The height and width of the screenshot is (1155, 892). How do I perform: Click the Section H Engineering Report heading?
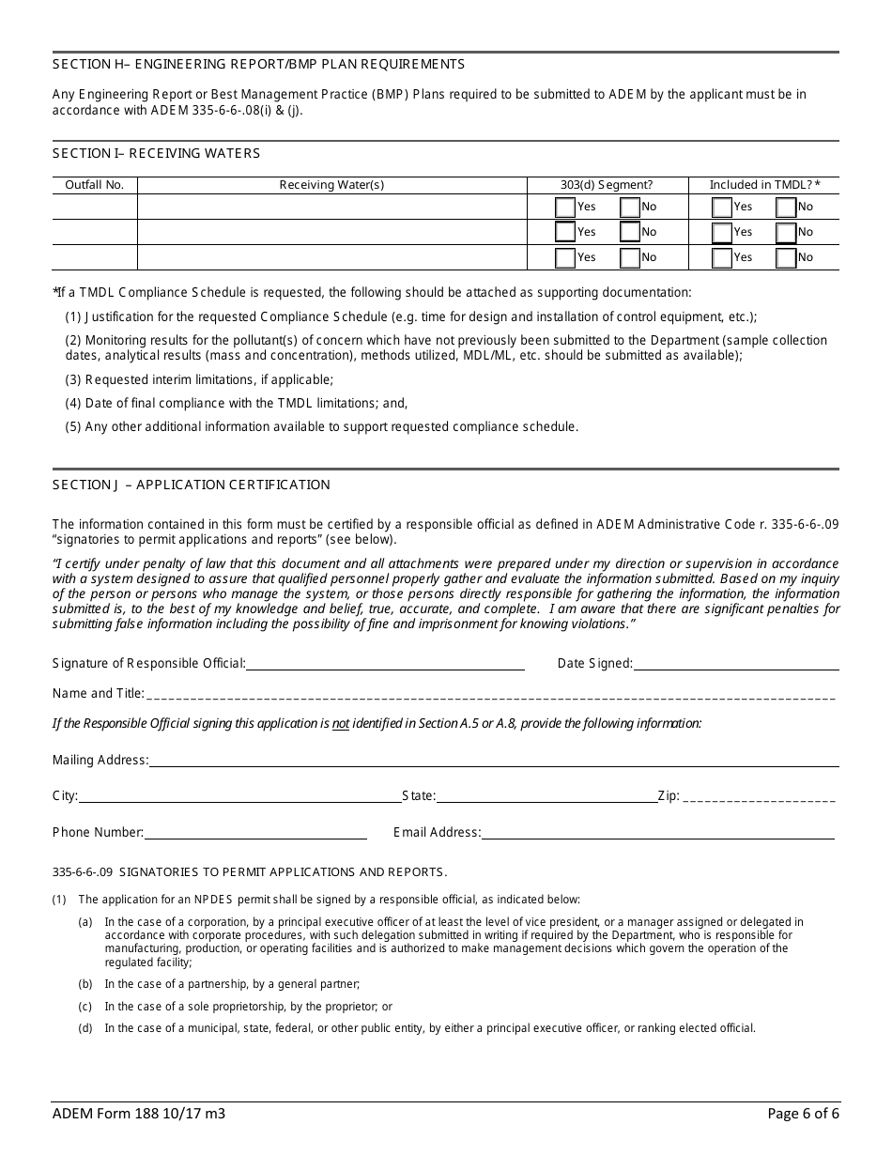pos(258,65)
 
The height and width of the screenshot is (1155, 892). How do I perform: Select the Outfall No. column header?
pos(94,185)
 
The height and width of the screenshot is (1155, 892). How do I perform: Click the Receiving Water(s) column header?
pos(331,185)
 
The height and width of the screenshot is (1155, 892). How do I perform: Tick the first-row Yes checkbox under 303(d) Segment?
pos(565,207)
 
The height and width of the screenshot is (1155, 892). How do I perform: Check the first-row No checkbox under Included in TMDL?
pos(786,207)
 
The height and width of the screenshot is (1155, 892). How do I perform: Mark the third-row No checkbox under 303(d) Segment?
pos(629,257)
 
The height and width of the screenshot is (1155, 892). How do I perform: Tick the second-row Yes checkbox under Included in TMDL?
pos(722,232)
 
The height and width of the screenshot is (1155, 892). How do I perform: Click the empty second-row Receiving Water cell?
pos(331,232)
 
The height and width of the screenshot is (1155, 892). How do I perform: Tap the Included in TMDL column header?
pos(764,185)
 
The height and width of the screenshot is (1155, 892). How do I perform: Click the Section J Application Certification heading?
pos(192,485)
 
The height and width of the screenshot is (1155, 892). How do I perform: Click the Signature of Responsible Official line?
pos(385,664)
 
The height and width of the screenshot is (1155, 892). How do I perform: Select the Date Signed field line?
pos(736,664)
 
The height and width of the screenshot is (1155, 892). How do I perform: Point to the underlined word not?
pos(341,724)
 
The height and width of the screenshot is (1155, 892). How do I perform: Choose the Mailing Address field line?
pos(492,761)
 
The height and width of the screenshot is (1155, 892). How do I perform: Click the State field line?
pos(546,796)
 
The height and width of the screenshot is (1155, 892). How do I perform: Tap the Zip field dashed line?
pos(759,796)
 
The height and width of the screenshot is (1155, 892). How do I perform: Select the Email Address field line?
pos(657,833)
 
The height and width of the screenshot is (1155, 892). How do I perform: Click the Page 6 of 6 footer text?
pos(803,1115)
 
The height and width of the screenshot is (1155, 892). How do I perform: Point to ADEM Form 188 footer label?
pos(138,1115)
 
